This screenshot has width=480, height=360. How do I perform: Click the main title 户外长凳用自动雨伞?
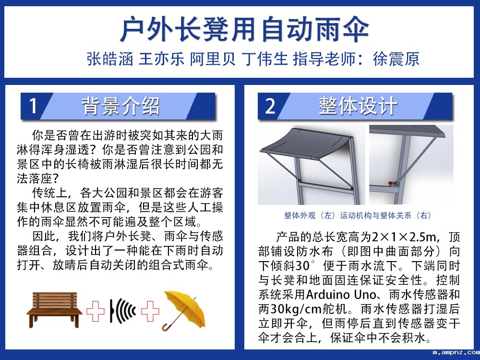pyautogui.click(x=244, y=29)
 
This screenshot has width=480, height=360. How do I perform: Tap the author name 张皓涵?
pyautogui.click(x=110, y=59)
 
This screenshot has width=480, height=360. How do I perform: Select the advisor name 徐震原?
pyautogui.click(x=396, y=59)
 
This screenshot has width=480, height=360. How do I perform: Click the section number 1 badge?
pyautogui.click(x=34, y=106)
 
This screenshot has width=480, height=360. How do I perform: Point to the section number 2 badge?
pyautogui.click(x=270, y=106)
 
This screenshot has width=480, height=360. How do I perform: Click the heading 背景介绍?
pyautogui.click(x=121, y=106)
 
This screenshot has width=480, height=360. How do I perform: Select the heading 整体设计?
pyautogui.click(x=358, y=106)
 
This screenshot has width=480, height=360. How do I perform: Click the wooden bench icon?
pyautogui.click(x=55, y=310)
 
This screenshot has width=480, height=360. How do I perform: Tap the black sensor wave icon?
pyautogui.click(x=122, y=311)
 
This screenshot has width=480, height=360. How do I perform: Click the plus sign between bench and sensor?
pyautogui.click(x=96, y=311)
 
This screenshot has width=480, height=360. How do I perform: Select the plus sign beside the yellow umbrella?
pyautogui.click(x=150, y=311)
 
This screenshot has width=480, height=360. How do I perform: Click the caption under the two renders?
pyautogui.click(x=358, y=216)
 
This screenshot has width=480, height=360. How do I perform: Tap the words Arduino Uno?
pyautogui.click(x=340, y=295)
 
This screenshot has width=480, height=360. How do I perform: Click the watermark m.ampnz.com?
pyautogui.click(x=456, y=353)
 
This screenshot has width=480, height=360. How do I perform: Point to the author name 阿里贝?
pyautogui.click(x=213, y=59)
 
